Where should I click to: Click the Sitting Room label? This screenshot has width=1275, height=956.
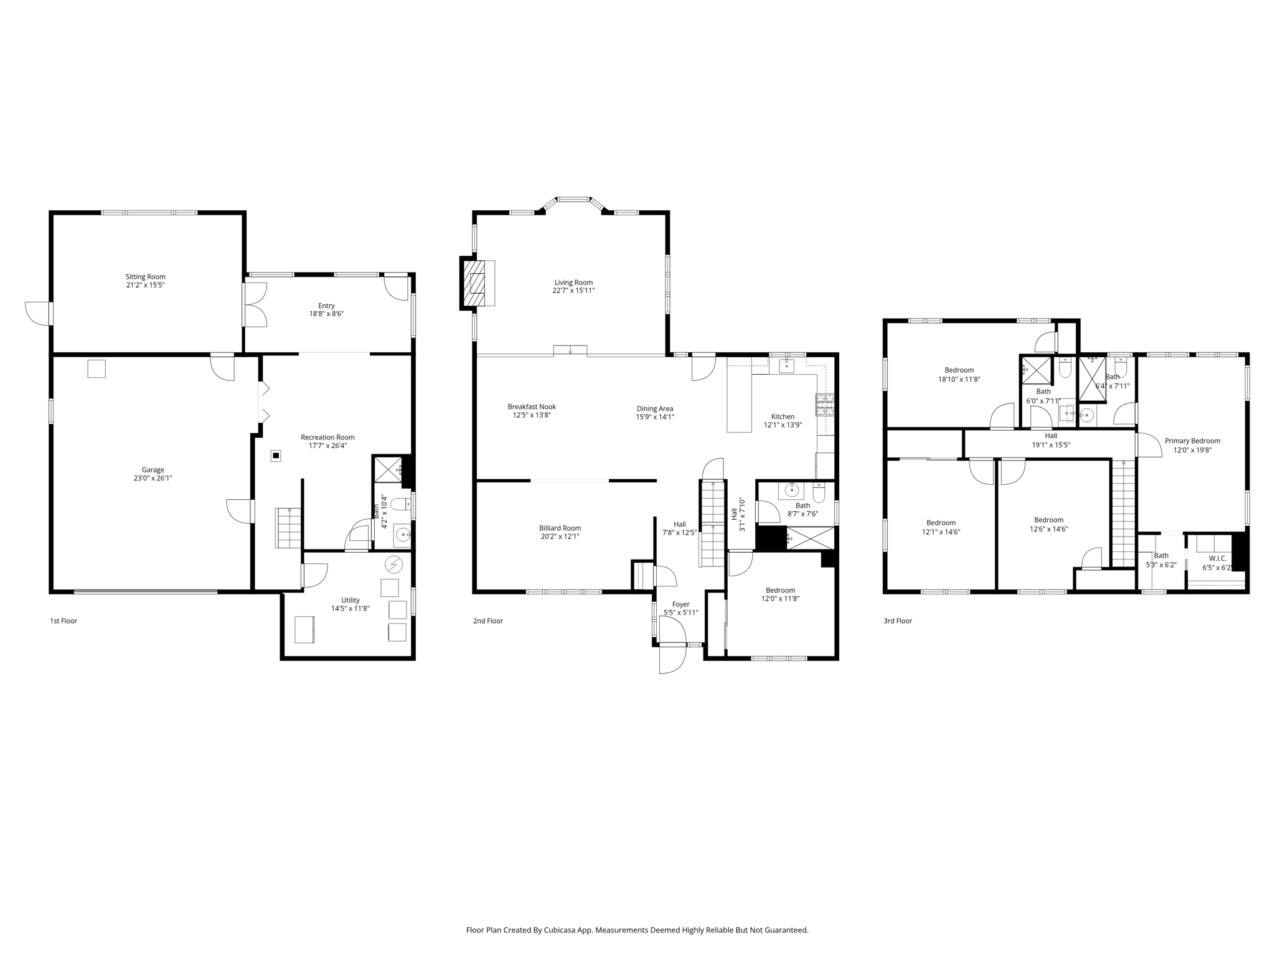(146, 277)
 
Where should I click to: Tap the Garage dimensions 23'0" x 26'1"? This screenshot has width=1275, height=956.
(153, 479)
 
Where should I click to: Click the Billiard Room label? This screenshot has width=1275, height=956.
(560, 528)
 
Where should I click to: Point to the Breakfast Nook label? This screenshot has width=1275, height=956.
(532, 407)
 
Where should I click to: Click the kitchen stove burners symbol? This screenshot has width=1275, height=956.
(825, 405)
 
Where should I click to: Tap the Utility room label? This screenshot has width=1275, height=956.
(351, 600)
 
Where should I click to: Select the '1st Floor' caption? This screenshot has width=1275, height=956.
(64, 621)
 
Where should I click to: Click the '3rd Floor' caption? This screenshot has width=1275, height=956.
(898, 621)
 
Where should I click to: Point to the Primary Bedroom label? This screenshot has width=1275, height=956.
(1192, 441)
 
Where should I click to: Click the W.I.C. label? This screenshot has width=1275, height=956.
(1218, 559)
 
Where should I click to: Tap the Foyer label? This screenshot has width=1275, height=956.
(680, 604)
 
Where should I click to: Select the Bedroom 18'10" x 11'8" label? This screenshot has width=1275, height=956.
(959, 370)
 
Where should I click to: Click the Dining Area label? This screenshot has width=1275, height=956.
(654, 409)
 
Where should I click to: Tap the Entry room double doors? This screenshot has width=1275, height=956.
(255, 305)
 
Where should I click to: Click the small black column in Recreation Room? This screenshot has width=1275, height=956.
(276, 456)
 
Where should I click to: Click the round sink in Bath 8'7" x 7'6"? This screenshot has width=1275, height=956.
(791, 490)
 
